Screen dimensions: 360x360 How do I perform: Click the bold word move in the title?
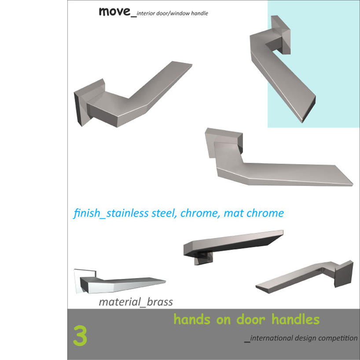click(114, 11)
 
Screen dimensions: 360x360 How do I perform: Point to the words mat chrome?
click(253, 213)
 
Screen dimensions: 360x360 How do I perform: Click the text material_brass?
click(136, 302)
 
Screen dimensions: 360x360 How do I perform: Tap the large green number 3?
click(80, 335)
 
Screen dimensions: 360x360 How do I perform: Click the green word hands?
click(192, 320)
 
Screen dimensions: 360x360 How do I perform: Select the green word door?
click(251, 320)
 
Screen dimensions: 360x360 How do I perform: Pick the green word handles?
click(295, 320)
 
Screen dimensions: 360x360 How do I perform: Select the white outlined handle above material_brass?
click(119, 282)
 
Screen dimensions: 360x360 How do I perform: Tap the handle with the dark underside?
click(233, 246)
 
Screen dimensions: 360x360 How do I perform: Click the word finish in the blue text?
click(87, 213)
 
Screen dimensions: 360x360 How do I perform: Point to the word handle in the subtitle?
click(199, 13)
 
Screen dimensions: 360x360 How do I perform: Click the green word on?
click(224, 320)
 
